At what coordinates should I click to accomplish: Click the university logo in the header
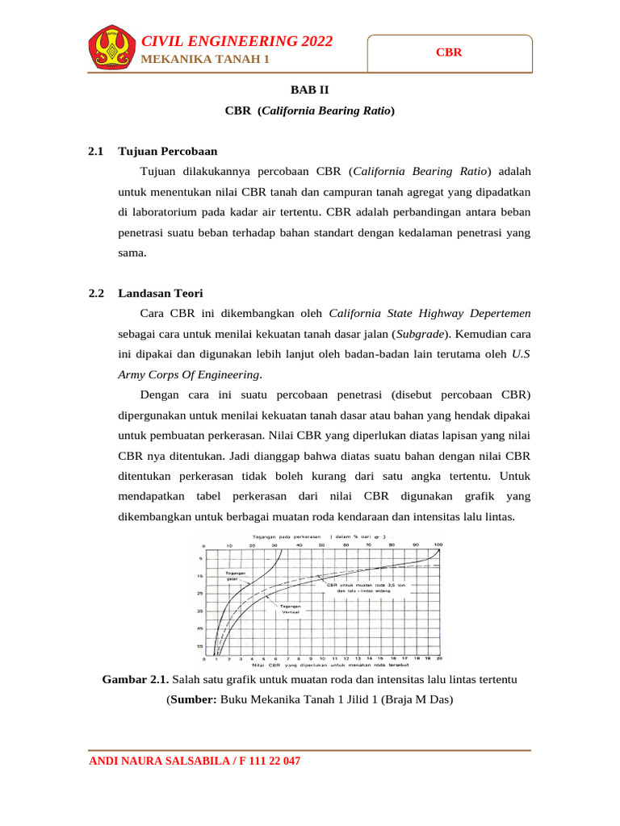(111, 49)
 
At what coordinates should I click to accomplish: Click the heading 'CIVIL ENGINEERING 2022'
(237, 42)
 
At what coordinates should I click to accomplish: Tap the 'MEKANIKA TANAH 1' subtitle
(205, 60)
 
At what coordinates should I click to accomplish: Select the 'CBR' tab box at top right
(449, 52)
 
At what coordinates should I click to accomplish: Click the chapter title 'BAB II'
(309, 91)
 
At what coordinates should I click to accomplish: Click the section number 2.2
(97, 293)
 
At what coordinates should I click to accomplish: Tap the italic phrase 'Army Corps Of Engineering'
(189, 374)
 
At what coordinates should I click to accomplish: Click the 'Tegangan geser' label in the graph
(236, 575)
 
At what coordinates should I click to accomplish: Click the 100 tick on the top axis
(438, 545)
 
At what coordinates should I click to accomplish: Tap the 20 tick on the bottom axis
(438, 658)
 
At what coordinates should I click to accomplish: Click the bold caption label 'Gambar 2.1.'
(135, 679)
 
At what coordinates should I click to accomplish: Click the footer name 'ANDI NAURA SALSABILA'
(158, 761)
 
